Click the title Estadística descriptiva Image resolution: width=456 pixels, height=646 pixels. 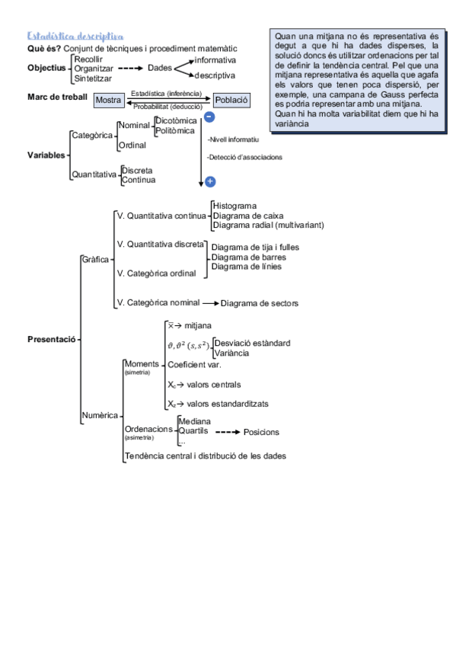point(75,36)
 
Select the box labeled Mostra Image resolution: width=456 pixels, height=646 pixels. point(108,101)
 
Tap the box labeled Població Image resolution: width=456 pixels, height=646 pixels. point(231,100)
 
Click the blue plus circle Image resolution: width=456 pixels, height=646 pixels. point(210,182)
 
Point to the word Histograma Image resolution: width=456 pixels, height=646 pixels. point(234,206)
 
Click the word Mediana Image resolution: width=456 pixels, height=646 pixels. point(194,421)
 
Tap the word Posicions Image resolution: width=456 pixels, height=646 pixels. point(261,432)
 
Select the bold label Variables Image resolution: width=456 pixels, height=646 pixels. point(46,155)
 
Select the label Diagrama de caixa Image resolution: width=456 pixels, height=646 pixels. point(248,216)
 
